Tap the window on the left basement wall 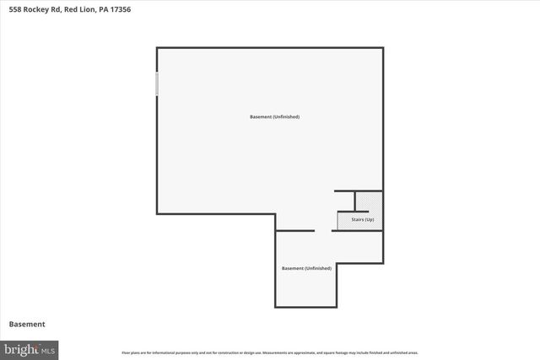(157, 83)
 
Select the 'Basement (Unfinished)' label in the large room (274, 116)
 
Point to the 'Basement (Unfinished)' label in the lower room (306, 268)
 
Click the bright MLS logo (30, 348)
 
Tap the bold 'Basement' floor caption (27, 324)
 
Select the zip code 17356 (119, 9)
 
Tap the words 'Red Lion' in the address (78, 9)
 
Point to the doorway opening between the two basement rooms (323, 230)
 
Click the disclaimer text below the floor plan (270, 352)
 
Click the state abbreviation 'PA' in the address (101, 9)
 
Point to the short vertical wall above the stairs (355, 201)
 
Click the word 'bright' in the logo (22, 348)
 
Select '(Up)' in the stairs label (369, 220)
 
